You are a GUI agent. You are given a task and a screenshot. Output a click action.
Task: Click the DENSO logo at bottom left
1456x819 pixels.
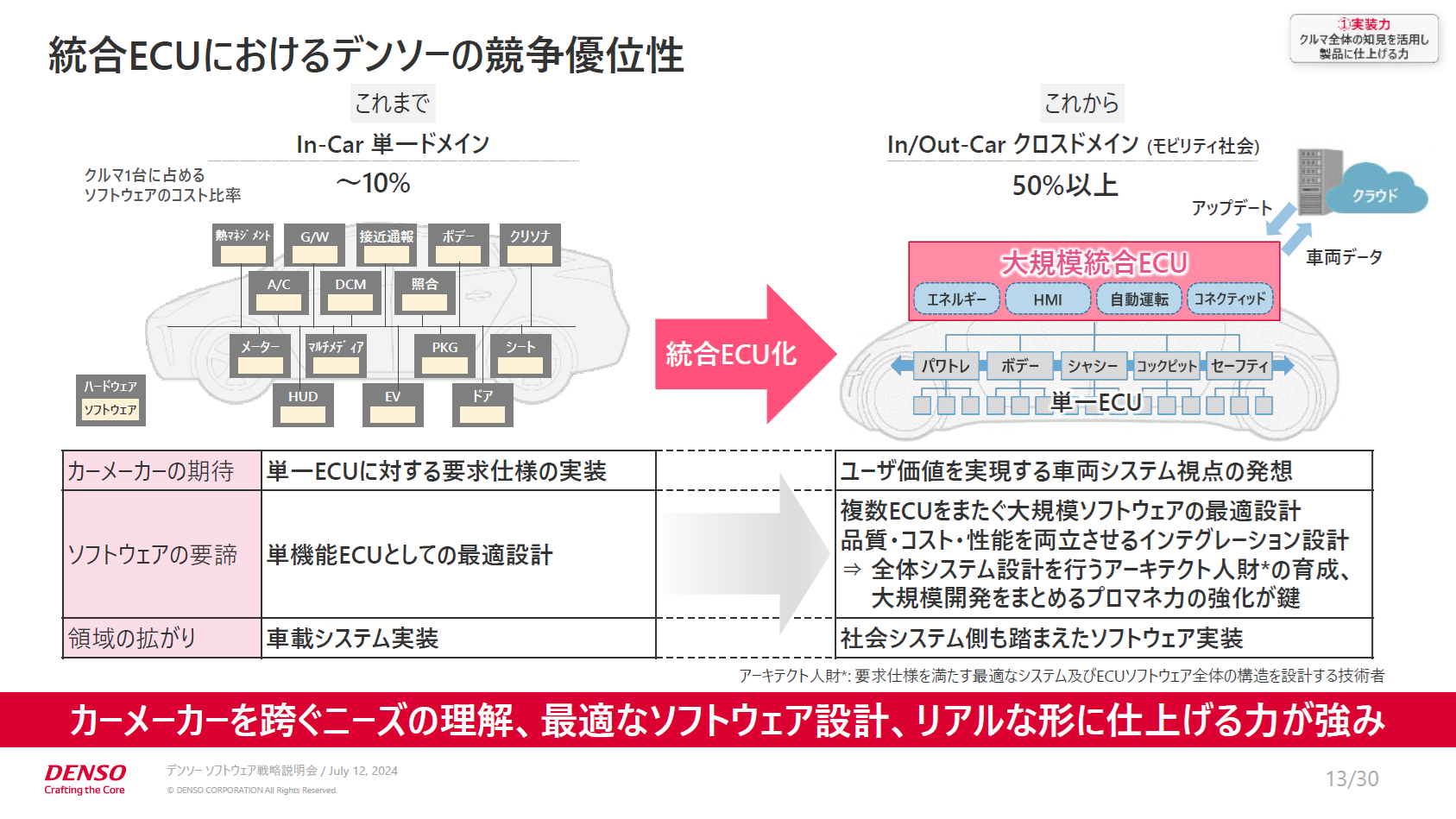click(x=85, y=777)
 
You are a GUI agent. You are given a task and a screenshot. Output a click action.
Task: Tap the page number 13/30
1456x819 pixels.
click(x=1352, y=778)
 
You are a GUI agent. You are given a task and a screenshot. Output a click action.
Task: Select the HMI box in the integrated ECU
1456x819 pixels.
click(x=1048, y=299)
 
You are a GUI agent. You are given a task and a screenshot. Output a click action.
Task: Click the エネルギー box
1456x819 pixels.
click(x=956, y=299)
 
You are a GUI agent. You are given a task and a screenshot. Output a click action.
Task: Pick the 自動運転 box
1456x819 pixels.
click(x=1138, y=299)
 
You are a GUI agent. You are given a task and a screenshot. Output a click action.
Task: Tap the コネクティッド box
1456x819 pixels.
click(x=1230, y=299)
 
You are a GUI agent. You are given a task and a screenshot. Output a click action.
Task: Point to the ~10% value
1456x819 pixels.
click(x=373, y=183)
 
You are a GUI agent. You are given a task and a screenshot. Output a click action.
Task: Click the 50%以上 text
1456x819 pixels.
click(x=1064, y=185)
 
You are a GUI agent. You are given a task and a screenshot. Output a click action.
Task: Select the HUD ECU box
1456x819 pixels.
click(x=303, y=405)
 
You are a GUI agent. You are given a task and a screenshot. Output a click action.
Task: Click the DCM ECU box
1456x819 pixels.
click(x=350, y=293)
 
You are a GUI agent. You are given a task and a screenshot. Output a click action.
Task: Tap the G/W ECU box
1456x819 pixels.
click(x=314, y=244)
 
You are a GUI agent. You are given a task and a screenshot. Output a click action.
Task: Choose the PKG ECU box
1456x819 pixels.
click(x=444, y=356)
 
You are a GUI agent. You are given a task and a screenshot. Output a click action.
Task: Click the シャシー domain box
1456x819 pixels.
click(x=1092, y=366)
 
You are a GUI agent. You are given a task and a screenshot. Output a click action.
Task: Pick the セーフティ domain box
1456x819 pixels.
click(x=1239, y=366)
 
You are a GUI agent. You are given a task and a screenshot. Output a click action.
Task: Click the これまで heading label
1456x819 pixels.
click(x=393, y=104)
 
